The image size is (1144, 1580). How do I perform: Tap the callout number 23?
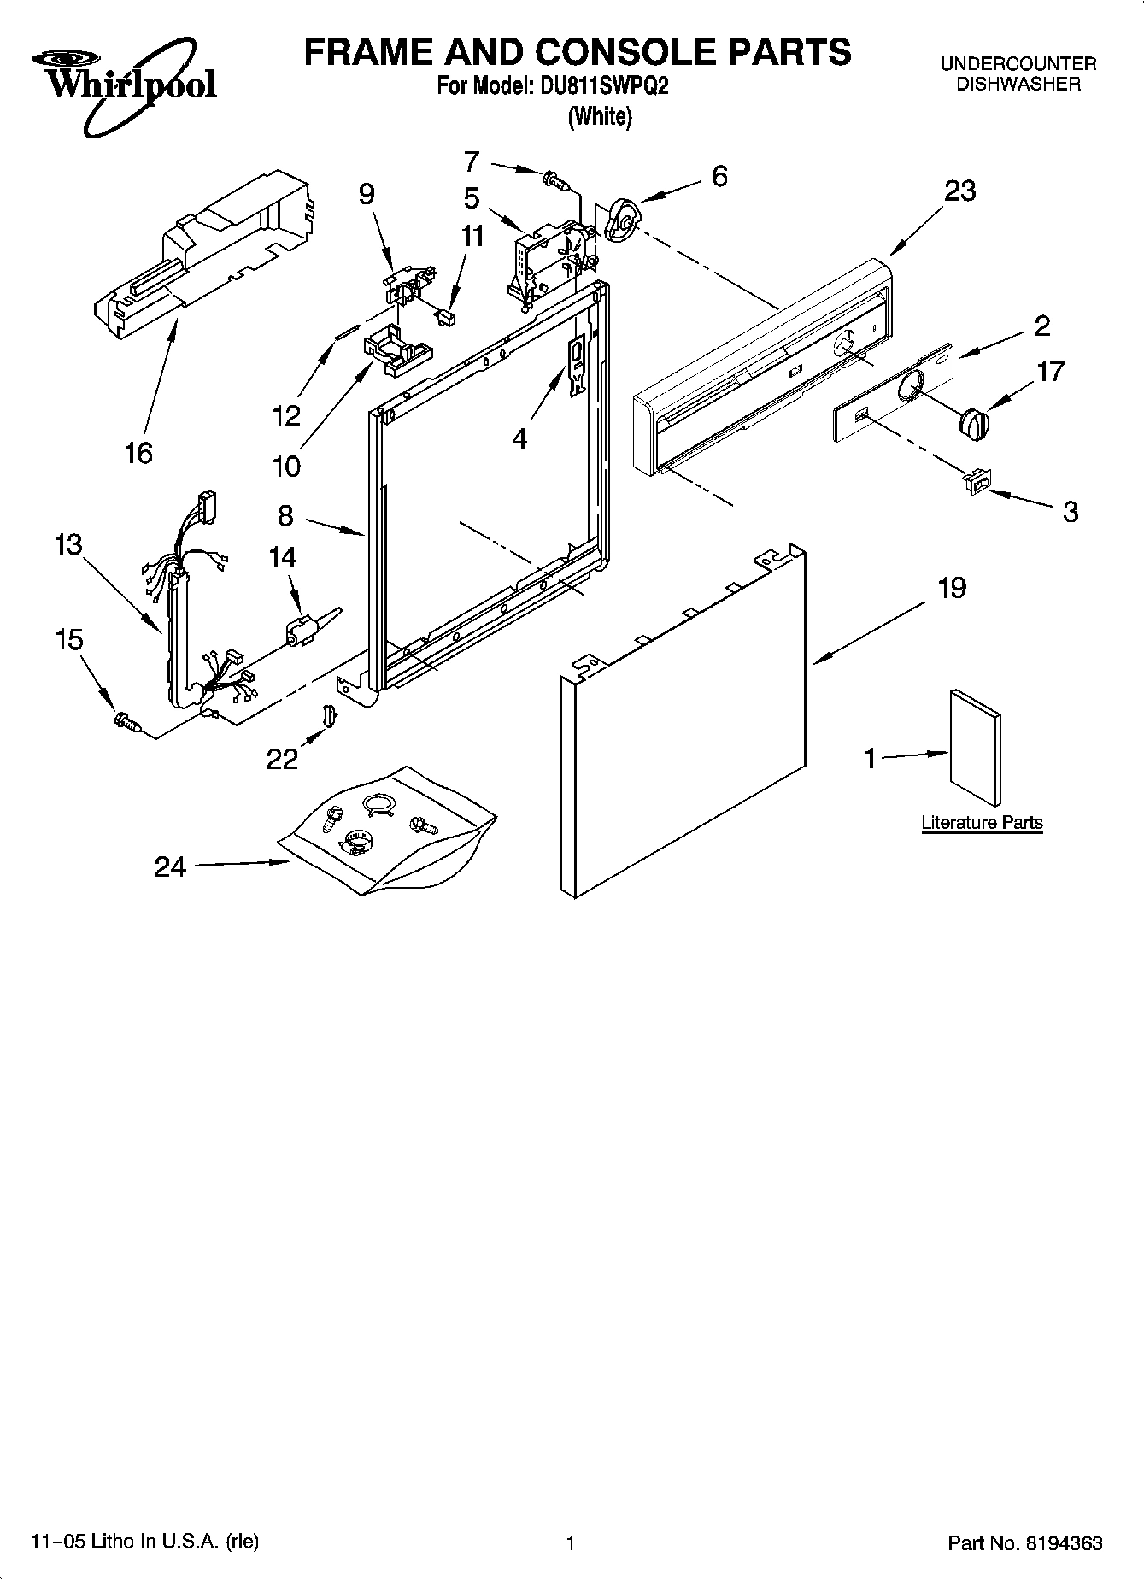(x=959, y=191)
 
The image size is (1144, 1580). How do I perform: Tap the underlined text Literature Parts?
(x=982, y=823)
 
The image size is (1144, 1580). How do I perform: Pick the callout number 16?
(x=138, y=452)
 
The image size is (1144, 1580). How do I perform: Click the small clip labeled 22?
(x=326, y=714)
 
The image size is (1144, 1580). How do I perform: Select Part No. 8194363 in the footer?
(x=1024, y=1543)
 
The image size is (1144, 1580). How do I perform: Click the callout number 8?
(x=285, y=515)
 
